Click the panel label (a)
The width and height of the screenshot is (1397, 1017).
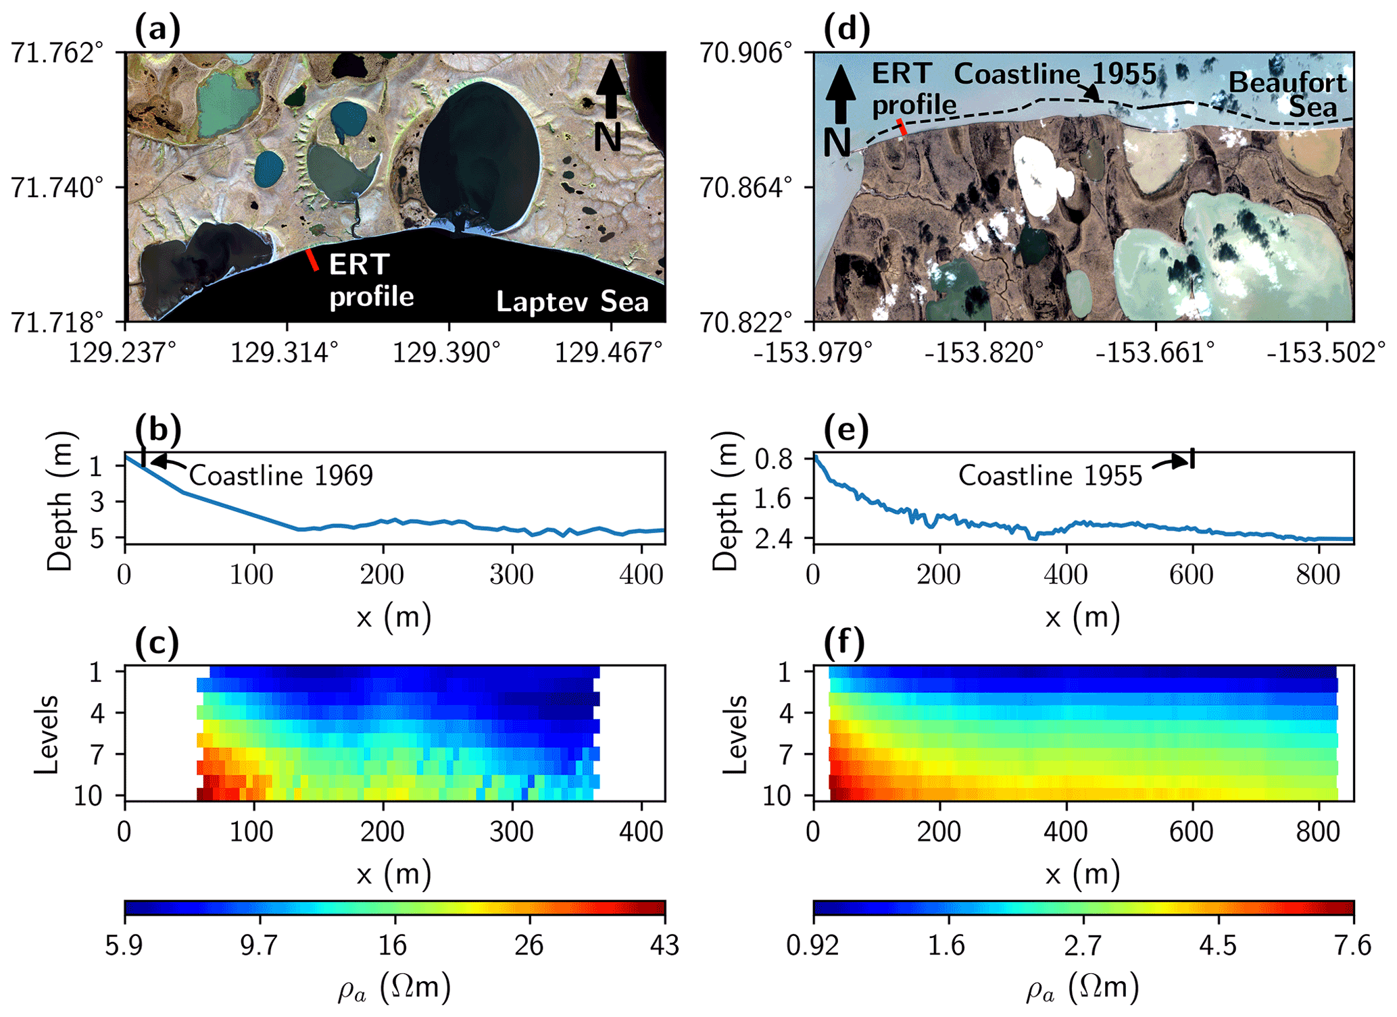coord(157,31)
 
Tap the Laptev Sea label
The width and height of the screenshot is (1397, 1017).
coord(572,302)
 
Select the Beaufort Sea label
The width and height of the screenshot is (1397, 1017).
coord(1288,95)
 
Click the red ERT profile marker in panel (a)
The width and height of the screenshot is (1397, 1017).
coord(312,260)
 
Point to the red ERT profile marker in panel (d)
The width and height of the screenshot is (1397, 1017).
coord(901,126)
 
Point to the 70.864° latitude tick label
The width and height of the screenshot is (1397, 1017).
coord(746,188)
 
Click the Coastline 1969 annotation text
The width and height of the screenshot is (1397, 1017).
coord(280,476)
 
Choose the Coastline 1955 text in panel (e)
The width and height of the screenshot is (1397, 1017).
coord(1050,476)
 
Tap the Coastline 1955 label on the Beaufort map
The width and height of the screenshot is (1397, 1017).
coord(1054,74)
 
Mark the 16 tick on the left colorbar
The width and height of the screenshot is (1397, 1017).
coord(393,945)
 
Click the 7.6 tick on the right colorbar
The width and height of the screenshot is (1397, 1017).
coord(1352,945)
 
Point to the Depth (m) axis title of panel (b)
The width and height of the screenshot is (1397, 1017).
coord(59,500)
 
